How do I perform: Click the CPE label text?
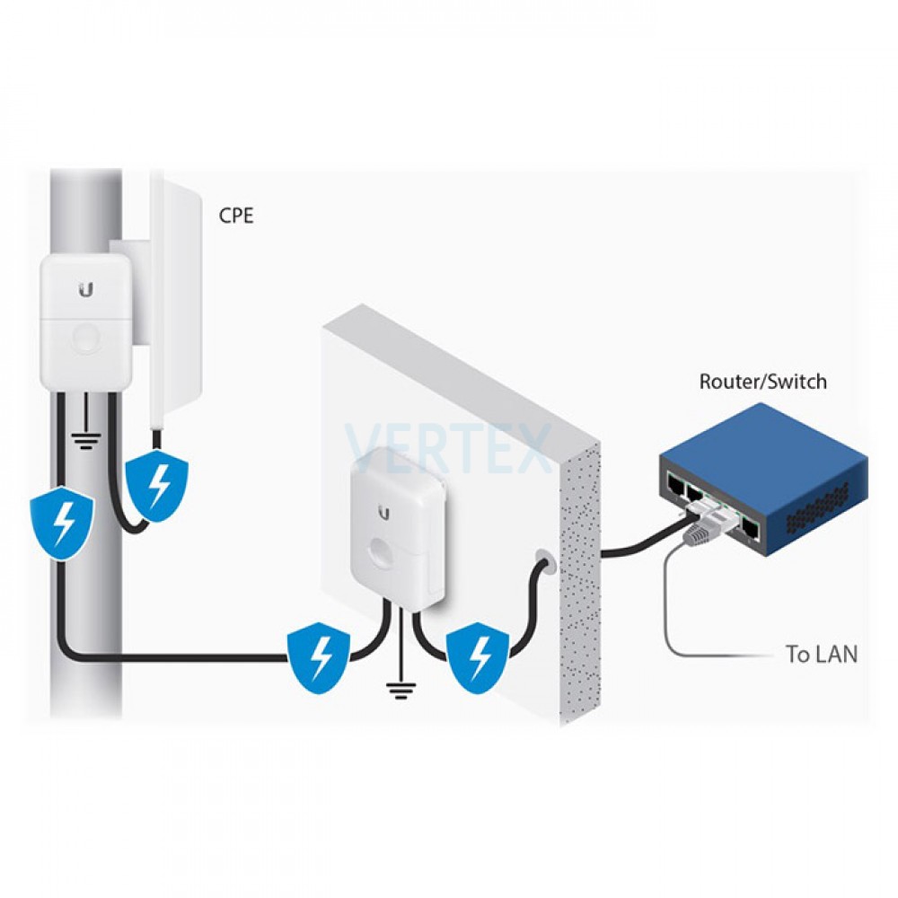pos(236,216)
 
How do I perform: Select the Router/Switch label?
pos(762,382)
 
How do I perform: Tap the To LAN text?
pos(821,655)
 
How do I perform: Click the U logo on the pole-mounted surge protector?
pos(86,289)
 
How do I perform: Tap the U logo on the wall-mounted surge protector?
pos(384,513)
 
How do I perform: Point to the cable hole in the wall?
pos(544,563)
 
